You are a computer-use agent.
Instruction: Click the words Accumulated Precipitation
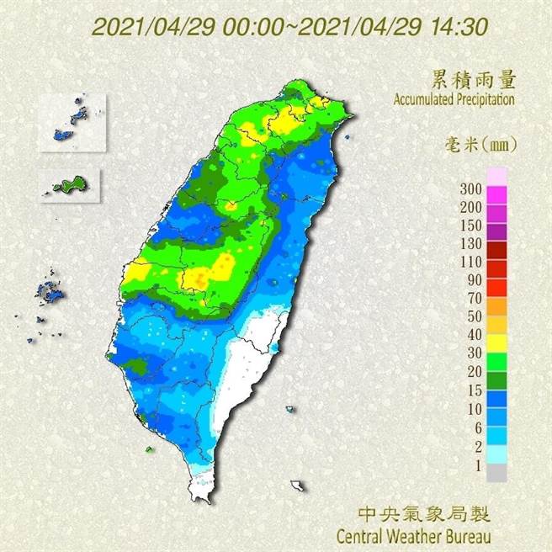454,99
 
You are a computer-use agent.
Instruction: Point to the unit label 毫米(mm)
480,145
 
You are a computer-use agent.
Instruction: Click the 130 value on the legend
470,245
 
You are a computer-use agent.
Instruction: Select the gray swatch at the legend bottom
497,474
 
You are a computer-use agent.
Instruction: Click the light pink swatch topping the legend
497,175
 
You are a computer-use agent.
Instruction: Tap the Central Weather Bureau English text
412,535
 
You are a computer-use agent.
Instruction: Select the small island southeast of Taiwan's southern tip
297,486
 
